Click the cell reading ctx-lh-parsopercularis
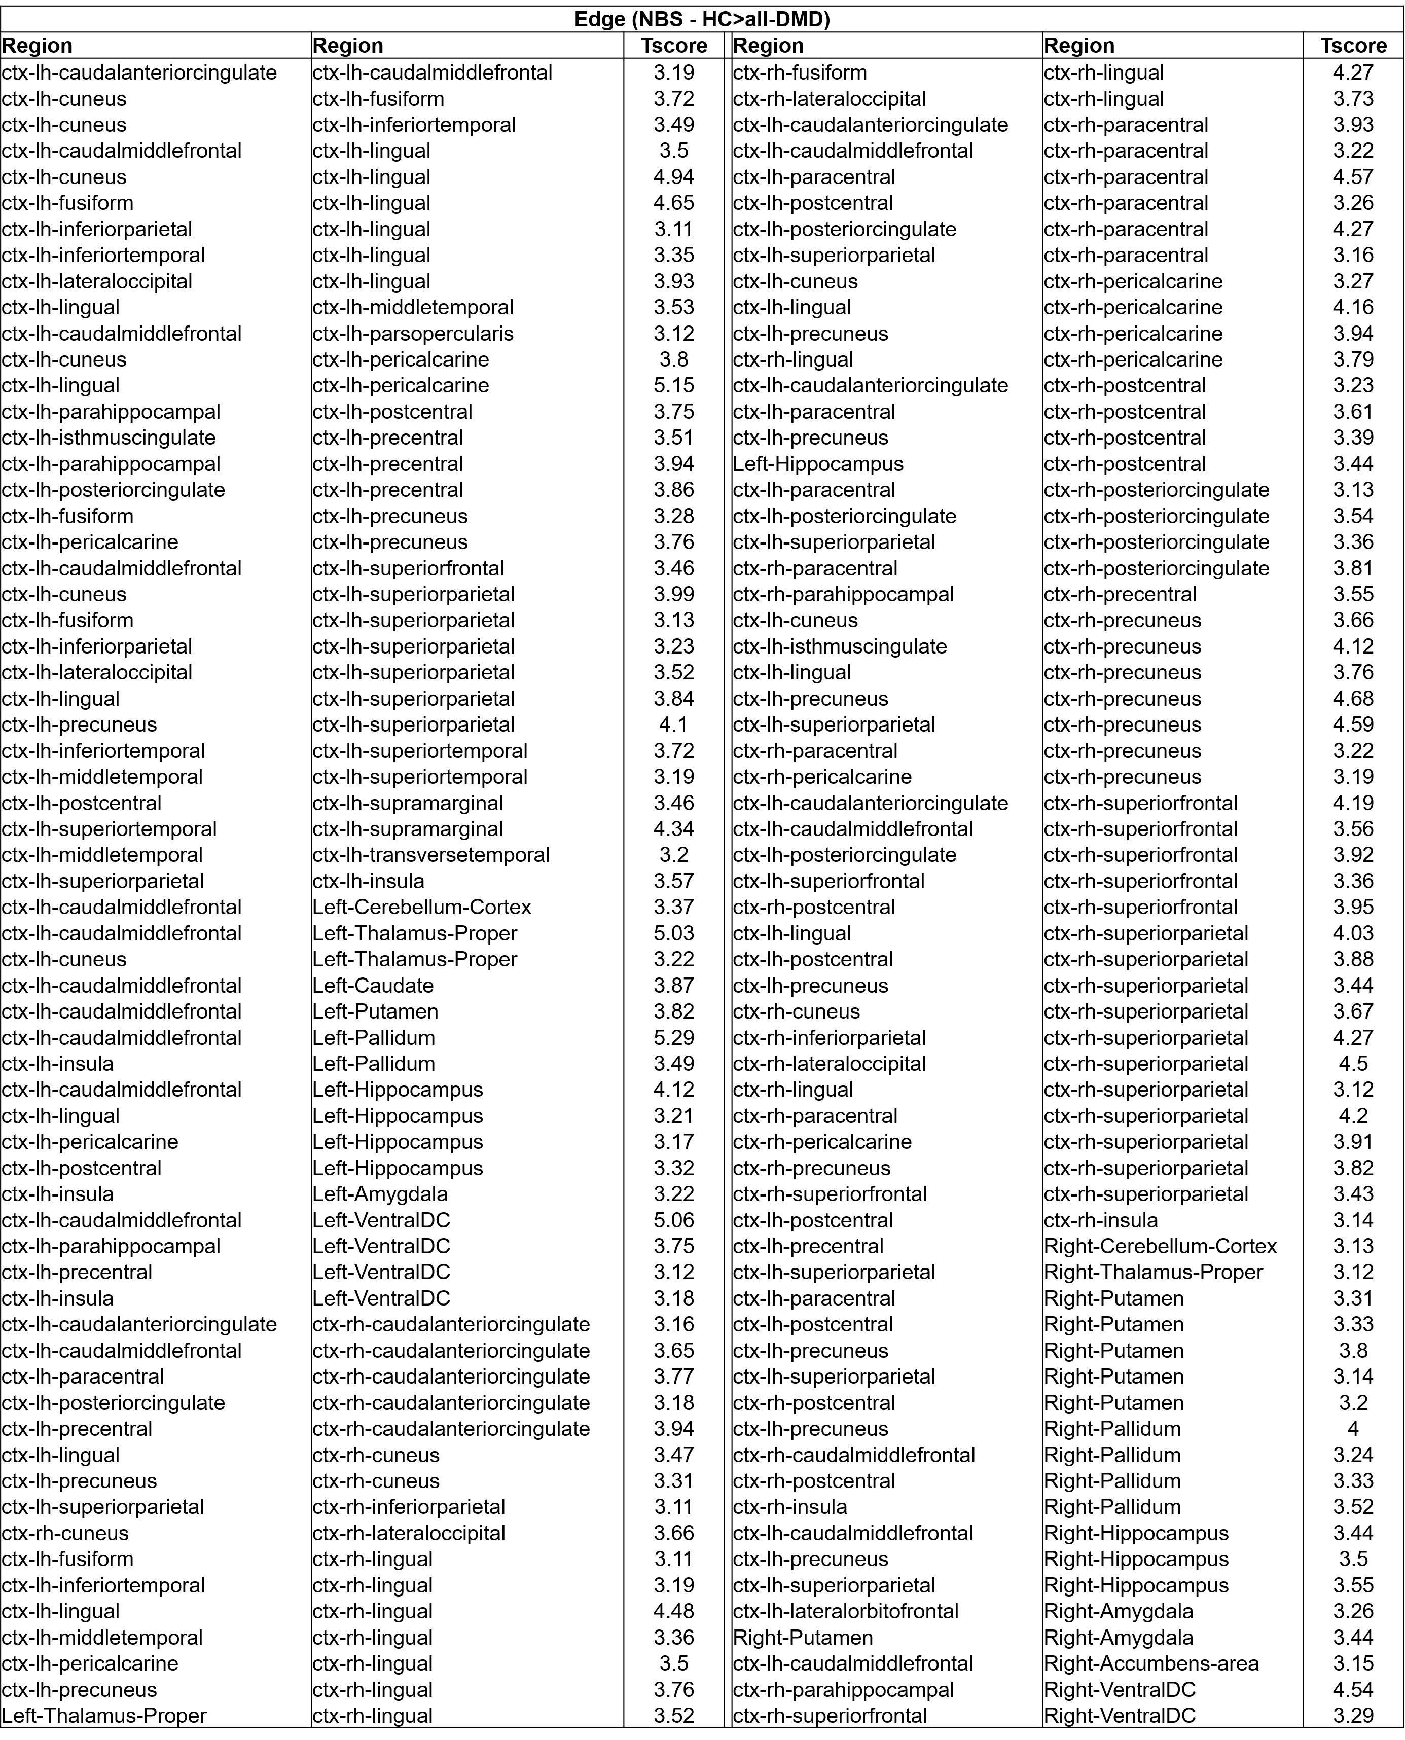click(x=413, y=334)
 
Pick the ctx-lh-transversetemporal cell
click(x=430, y=855)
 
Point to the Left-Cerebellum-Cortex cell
click(x=422, y=907)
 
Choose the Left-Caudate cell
click(x=373, y=986)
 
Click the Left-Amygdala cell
click(x=380, y=1194)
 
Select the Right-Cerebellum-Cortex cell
click(x=1160, y=1246)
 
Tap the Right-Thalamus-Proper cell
click(x=1152, y=1272)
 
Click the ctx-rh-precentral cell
click(x=1120, y=594)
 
